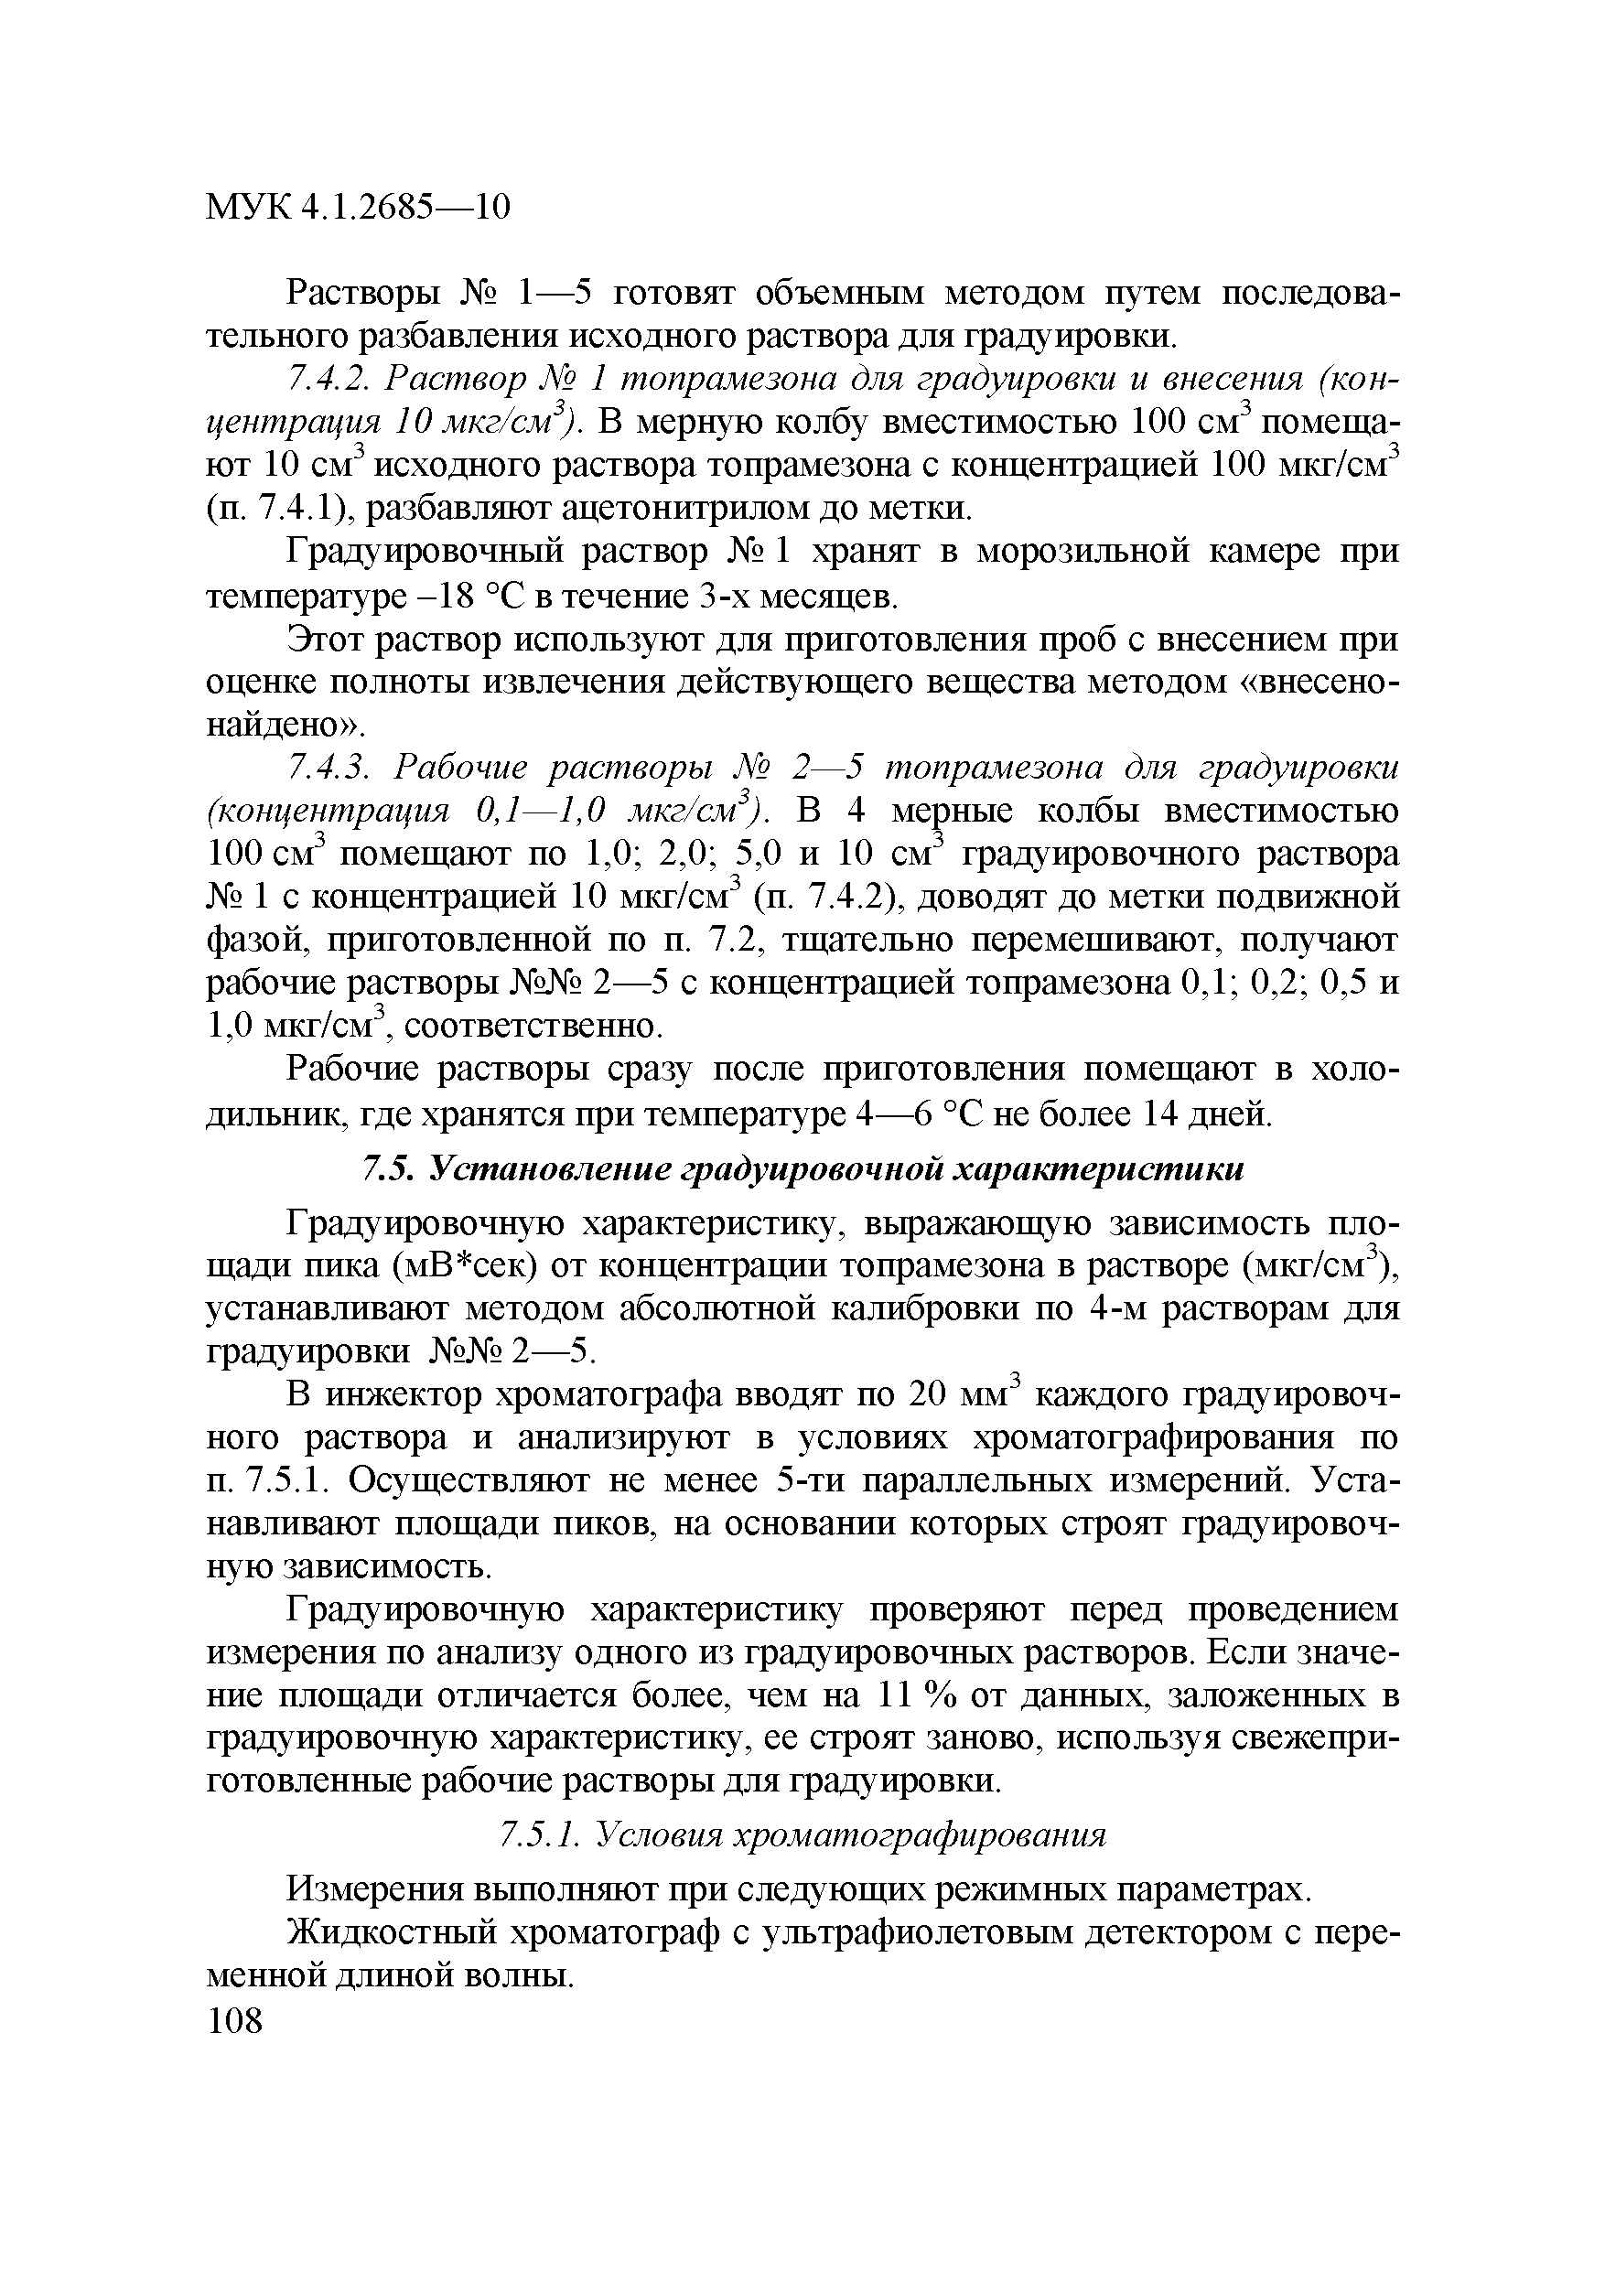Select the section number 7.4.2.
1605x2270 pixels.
click(324, 379)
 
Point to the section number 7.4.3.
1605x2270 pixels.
click(327, 768)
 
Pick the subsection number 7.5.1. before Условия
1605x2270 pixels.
click(540, 1835)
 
